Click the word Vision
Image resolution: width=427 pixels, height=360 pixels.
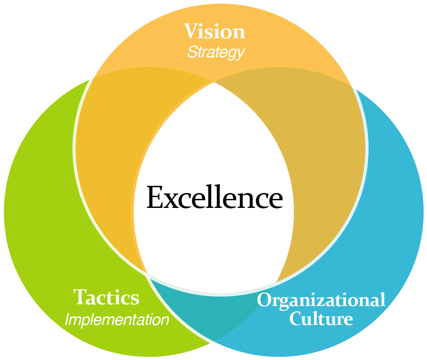[215, 32]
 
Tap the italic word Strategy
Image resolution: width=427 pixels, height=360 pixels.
[216, 52]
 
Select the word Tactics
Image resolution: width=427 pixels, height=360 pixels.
[107, 297]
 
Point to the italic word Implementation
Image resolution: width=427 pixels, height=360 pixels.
[117, 320]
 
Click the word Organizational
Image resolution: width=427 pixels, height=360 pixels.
[321, 300]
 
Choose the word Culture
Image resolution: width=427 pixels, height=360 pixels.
[321, 319]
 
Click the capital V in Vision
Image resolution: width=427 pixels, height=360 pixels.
[191, 32]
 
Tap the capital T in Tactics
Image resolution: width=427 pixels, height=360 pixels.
[80, 297]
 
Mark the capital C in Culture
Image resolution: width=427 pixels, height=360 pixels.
[296, 319]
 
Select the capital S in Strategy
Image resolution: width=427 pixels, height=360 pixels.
[192, 52]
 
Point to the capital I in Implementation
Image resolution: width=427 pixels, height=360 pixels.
[67, 320]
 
